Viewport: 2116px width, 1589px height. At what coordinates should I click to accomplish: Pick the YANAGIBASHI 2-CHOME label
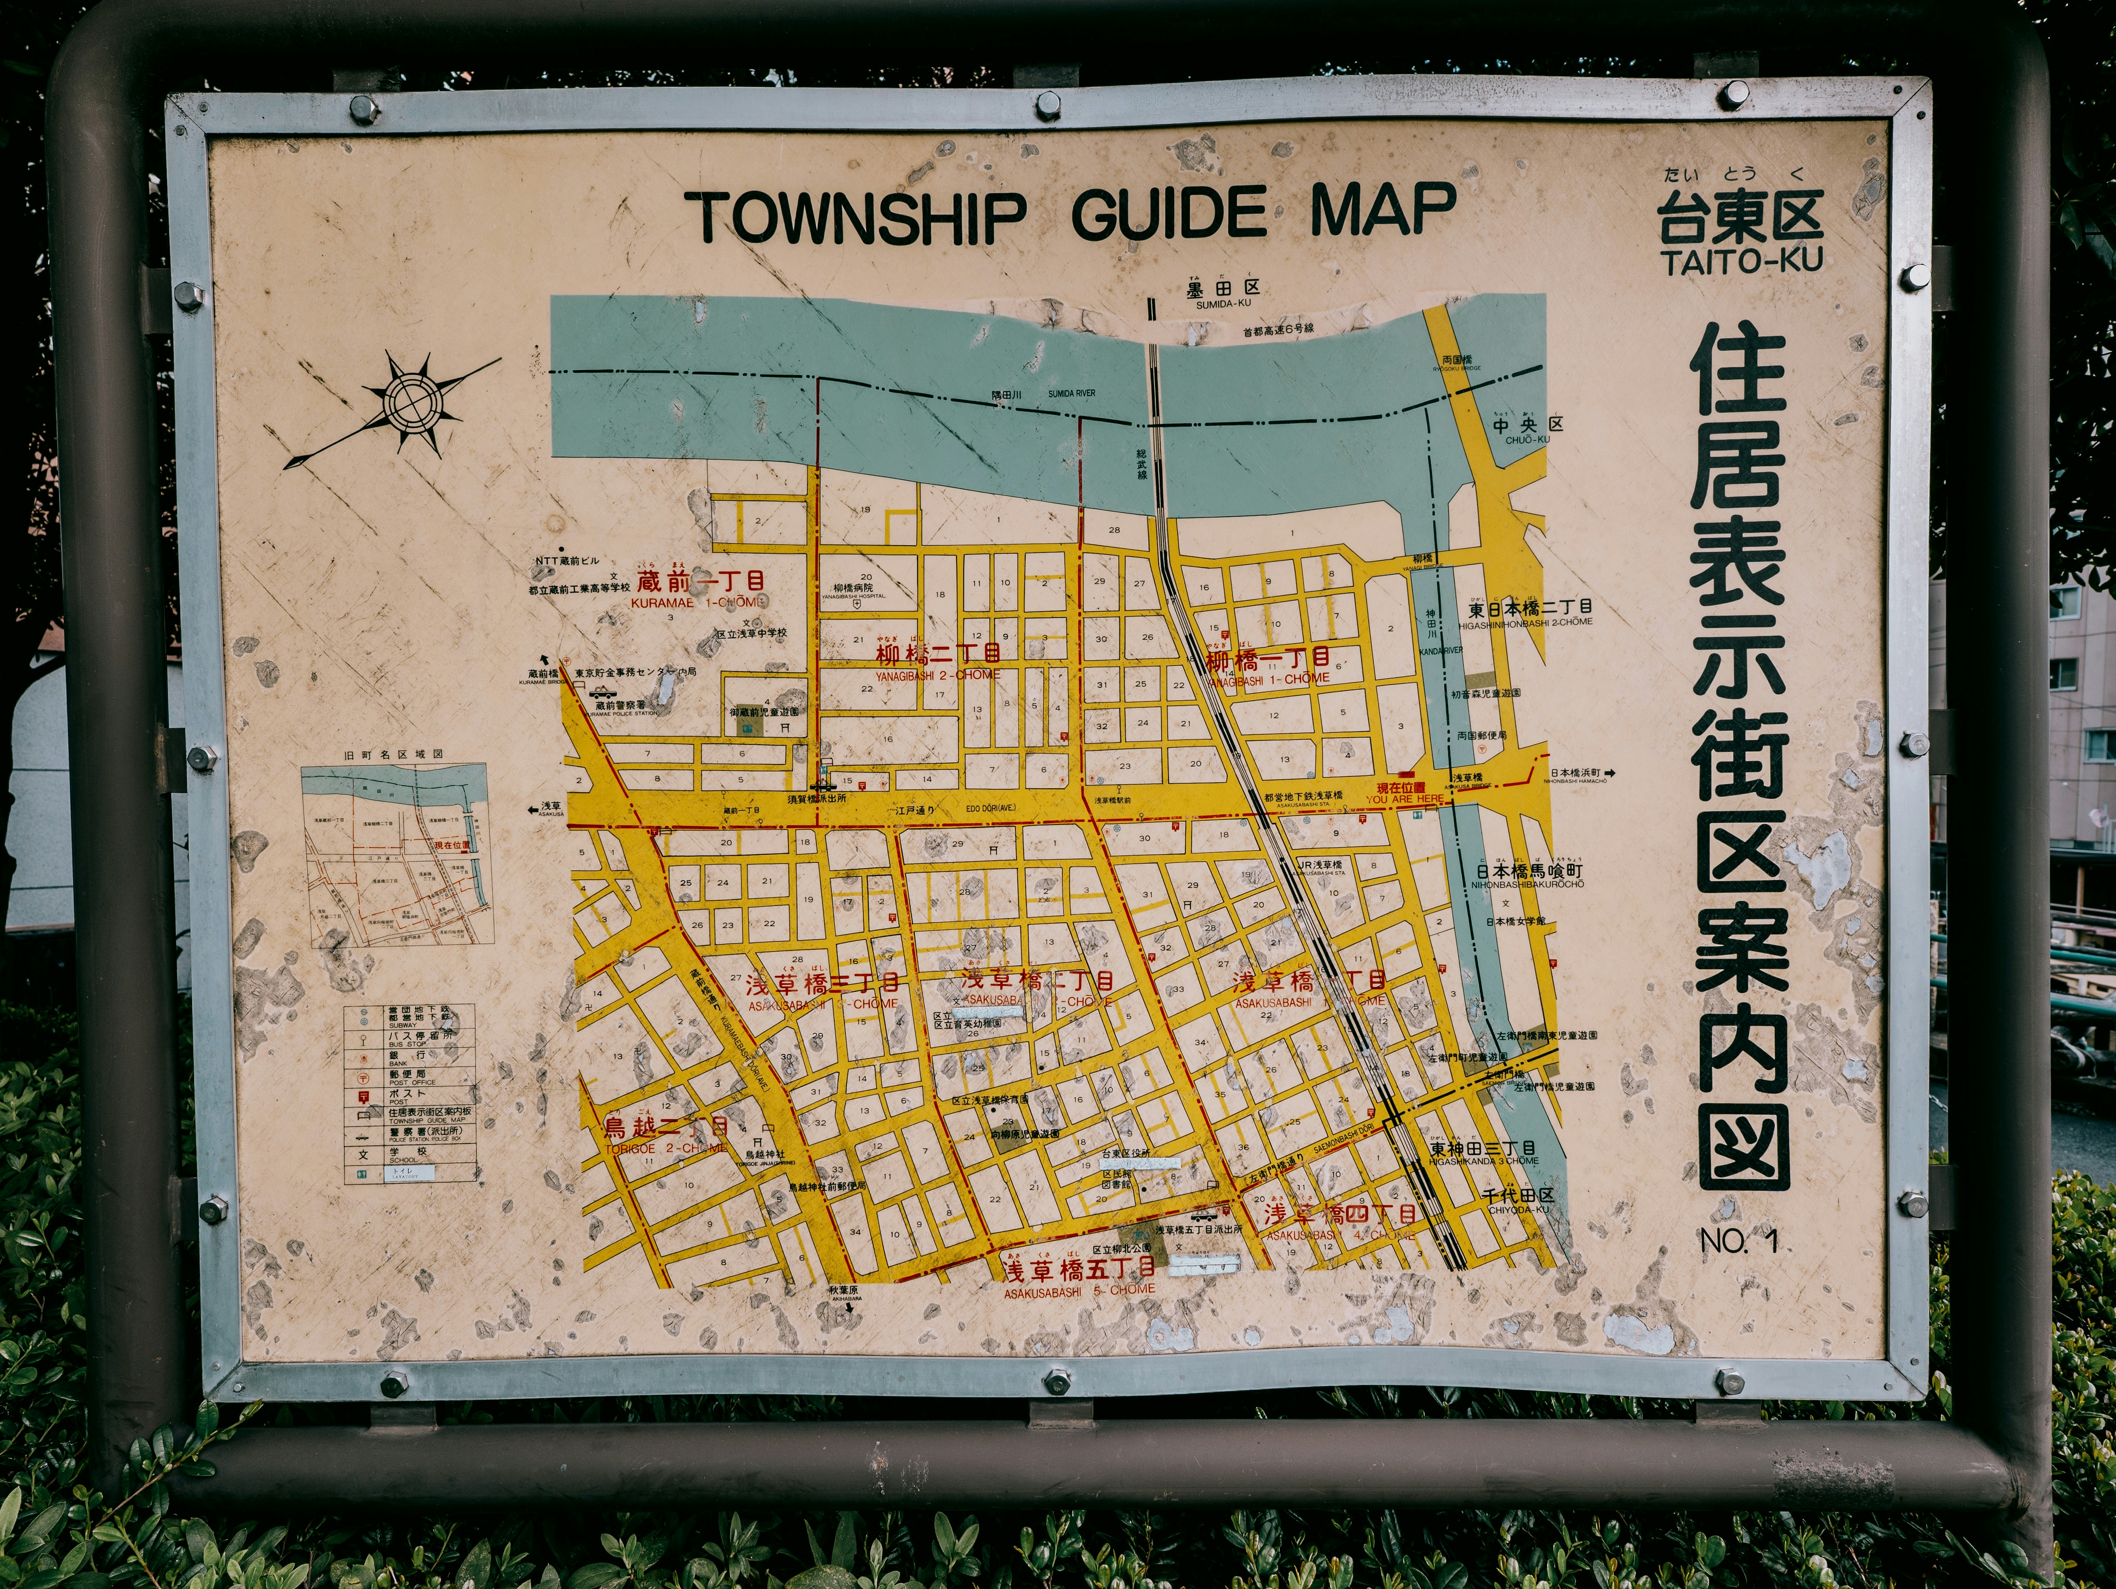click(938, 675)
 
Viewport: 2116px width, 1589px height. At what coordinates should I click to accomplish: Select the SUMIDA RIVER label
click(1072, 393)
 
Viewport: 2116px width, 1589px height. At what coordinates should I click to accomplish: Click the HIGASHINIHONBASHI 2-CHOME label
click(1526, 622)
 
